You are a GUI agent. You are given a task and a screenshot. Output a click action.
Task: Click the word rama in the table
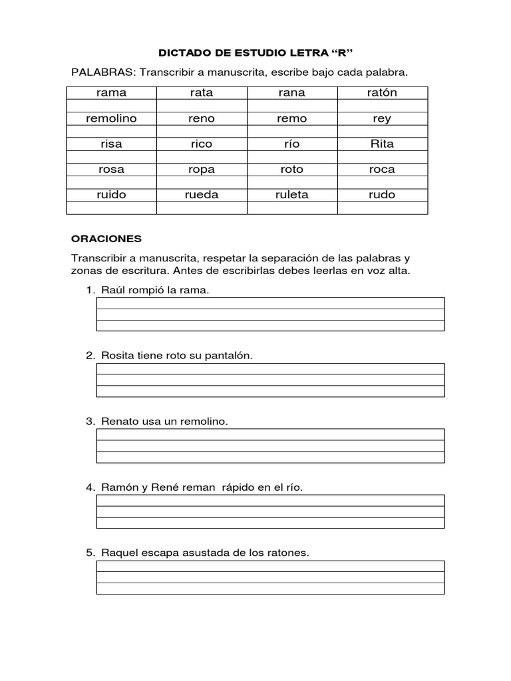click(x=111, y=93)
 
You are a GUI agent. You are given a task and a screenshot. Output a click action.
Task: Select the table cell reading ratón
click(x=382, y=93)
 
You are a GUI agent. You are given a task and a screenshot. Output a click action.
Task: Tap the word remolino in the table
click(x=111, y=118)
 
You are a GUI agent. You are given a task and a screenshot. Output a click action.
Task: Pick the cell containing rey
click(x=382, y=118)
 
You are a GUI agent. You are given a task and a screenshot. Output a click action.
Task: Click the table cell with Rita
click(x=382, y=144)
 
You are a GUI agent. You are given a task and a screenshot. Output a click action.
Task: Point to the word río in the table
click(x=291, y=144)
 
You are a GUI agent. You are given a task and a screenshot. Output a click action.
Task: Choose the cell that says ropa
click(x=201, y=169)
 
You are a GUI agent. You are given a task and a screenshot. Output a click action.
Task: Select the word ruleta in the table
click(x=291, y=195)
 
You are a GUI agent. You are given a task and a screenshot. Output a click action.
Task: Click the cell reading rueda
click(x=201, y=195)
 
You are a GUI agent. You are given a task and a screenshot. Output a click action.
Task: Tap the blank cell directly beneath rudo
click(x=382, y=208)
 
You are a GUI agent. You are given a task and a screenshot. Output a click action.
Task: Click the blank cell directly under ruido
click(x=111, y=208)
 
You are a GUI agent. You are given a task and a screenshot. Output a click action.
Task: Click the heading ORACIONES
click(x=106, y=237)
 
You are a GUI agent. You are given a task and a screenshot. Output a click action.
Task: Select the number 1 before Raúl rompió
click(x=88, y=291)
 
